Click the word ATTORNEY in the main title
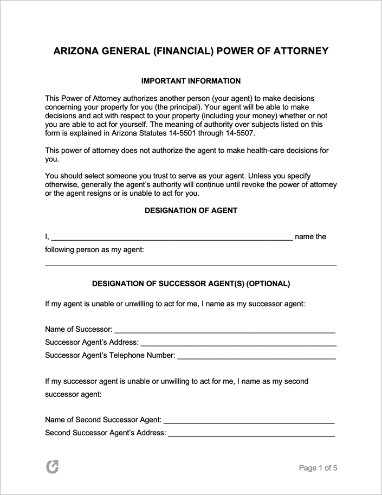point(301,52)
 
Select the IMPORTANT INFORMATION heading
point(191,81)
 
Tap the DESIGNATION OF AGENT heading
point(191,210)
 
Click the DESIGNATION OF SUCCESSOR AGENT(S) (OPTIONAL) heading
point(191,284)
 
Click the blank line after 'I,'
point(172,237)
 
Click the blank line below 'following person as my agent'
point(191,265)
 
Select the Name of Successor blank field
point(225,330)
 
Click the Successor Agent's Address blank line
point(238,343)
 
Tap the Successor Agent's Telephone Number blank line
point(256,356)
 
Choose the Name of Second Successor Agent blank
point(249,420)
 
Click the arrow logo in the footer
point(52,467)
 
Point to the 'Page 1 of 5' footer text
point(318,468)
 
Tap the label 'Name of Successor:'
point(79,329)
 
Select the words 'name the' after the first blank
point(310,236)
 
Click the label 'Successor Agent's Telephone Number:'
point(110,356)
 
